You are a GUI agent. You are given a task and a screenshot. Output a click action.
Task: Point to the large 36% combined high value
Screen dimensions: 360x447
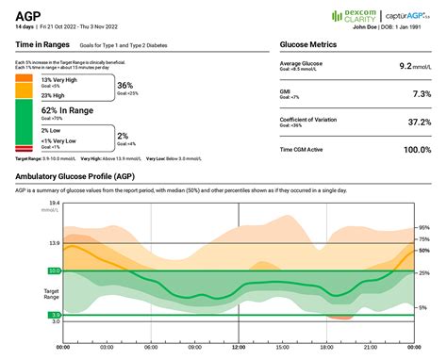(x=124, y=86)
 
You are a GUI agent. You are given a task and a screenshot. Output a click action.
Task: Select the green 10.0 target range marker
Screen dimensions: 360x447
(x=27, y=271)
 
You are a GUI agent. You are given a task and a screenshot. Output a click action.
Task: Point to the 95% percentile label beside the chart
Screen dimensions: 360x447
(x=423, y=228)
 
